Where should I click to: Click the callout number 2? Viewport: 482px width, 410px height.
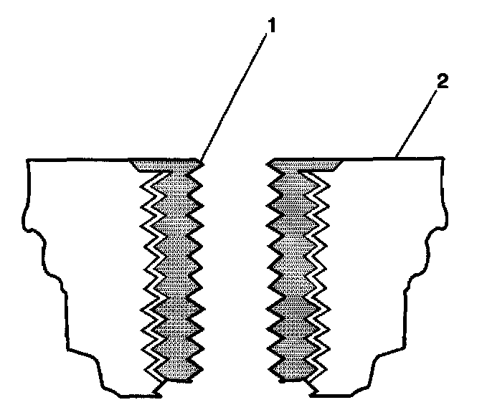tap(443, 81)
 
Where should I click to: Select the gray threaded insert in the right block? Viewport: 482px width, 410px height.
tap(293, 272)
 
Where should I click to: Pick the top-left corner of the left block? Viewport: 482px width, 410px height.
tap(27, 160)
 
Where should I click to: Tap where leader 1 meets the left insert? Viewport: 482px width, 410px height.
tap(201, 161)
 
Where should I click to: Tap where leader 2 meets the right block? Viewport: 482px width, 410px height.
tap(397, 156)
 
